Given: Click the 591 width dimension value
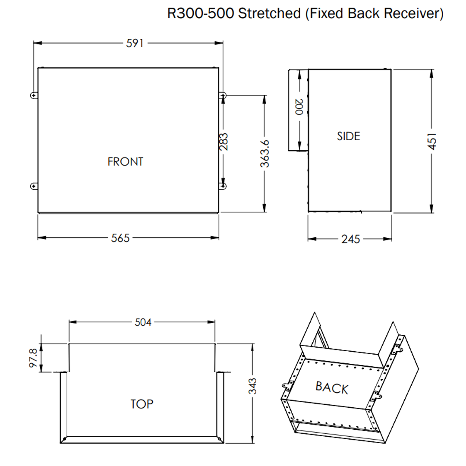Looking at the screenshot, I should (135, 43).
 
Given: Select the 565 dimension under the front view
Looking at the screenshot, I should (120, 238).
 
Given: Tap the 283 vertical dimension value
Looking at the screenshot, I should (224, 141).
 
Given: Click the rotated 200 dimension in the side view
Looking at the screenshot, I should (299, 107).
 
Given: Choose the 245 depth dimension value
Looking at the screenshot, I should (350, 239).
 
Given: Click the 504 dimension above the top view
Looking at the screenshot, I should (143, 322).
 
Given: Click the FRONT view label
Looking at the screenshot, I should (125, 162).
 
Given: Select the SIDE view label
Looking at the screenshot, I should (348, 136).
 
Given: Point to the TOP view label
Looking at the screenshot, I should (142, 404).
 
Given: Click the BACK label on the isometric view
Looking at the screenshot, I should (331, 387).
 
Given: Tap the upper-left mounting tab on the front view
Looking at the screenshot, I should (34, 95).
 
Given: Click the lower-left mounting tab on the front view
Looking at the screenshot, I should (34, 186).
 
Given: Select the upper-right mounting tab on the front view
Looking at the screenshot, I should (223, 95).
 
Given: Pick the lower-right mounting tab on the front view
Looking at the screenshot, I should (223, 186).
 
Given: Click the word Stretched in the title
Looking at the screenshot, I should (269, 13).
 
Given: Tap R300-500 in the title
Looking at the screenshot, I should (201, 13).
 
